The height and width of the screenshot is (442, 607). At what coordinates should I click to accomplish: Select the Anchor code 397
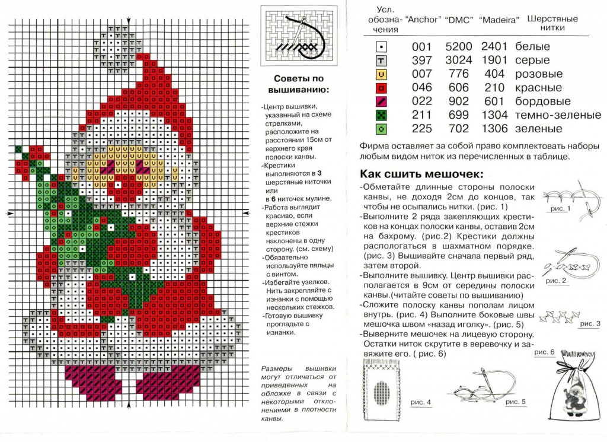pyautogui.click(x=421, y=60)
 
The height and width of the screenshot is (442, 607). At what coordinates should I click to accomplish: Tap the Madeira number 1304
pyautogui.click(x=494, y=115)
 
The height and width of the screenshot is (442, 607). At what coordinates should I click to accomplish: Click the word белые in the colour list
pyautogui.click(x=532, y=46)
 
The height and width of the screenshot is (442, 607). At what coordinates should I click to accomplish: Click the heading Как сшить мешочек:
pyautogui.click(x=421, y=174)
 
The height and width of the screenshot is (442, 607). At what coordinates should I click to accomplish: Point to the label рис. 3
pyautogui.click(x=590, y=324)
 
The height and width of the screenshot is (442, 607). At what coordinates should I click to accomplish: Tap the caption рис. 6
pyautogui.click(x=544, y=352)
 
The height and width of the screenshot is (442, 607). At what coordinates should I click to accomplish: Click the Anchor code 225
pyautogui.click(x=421, y=129)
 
